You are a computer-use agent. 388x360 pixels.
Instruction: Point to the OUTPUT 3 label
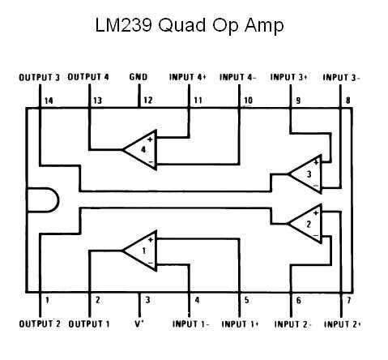(39, 78)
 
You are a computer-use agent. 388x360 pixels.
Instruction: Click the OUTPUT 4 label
(89, 78)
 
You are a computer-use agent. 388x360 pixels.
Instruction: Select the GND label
(139, 78)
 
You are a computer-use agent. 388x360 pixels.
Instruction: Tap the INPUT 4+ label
(189, 78)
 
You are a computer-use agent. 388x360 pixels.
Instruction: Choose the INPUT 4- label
(239, 78)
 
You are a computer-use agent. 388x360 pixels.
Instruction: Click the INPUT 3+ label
(290, 78)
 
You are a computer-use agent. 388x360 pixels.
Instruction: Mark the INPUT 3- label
(341, 78)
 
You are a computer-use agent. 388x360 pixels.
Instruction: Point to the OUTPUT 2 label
(39, 324)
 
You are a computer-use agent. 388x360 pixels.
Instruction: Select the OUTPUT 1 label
(89, 324)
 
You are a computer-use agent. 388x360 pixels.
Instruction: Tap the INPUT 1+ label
(241, 324)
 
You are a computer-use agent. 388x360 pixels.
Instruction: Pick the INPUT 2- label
(292, 324)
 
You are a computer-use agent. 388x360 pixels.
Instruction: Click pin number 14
(48, 101)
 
